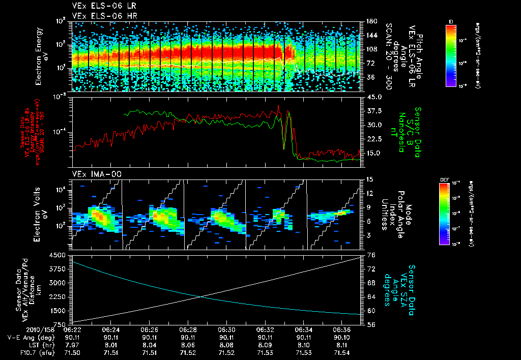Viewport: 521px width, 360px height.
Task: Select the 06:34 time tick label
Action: click(303, 329)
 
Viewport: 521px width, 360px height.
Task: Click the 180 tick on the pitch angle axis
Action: click(370, 21)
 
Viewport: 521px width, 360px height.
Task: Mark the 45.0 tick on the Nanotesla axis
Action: click(373, 97)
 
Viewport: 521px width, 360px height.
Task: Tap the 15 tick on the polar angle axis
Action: click(369, 179)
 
